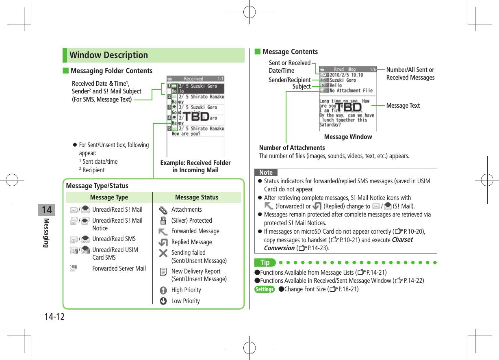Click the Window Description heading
click(x=108, y=55)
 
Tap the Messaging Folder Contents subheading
click(x=111, y=71)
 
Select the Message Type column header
click(x=109, y=197)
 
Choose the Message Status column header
click(x=197, y=197)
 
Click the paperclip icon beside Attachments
click(x=163, y=210)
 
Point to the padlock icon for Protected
click(x=163, y=221)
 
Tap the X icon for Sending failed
click(x=163, y=253)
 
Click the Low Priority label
click(x=185, y=301)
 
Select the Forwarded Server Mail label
click(x=119, y=269)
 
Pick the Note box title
click(x=266, y=173)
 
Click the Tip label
click(x=265, y=263)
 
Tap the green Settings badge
click(x=264, y=289)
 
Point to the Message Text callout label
click(x=403, y=106)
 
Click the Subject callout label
click(x=302, y=87)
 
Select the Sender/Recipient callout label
click(x=289, y=80)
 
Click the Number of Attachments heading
click(x=292, y=148)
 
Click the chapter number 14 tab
click(x=47, y=210)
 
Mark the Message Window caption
click(x=348, y=137)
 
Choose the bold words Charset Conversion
click(x=338, y=244)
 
